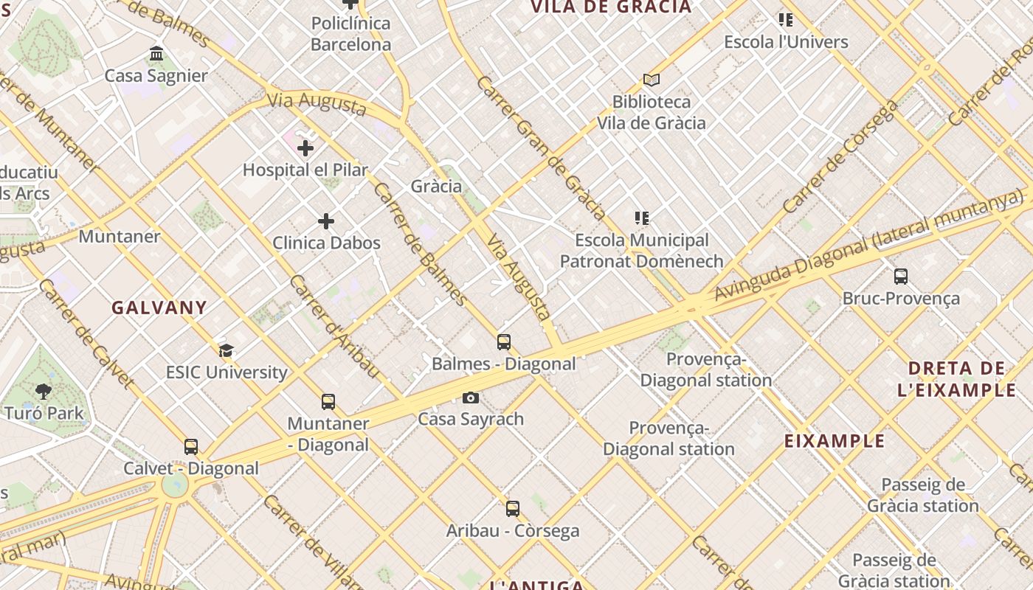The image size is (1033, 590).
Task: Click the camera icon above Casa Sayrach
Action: (x=471, y=398)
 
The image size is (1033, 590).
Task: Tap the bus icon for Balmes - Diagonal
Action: (x=504, y=342)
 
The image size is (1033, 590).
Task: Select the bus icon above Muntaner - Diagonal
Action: (x=328, y=402)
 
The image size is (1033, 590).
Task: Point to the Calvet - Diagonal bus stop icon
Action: (x=191, y=447)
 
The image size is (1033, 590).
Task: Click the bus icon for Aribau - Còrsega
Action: (x=513, y=509)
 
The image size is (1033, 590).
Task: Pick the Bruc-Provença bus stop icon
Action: (x=901, y=277)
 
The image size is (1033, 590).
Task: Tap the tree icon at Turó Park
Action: (x=44, y=392)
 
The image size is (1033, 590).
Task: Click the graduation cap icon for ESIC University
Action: (x=226, y=350)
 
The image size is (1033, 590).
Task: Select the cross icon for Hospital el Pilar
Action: (x=305, y=148)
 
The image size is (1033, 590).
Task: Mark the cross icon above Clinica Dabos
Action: (x=326, y=221)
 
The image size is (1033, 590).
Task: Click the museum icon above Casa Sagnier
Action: (x=156, y=54)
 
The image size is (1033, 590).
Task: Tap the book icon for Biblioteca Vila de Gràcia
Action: (x=651, y=80)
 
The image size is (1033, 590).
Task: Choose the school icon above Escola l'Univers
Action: (x=786, y=20)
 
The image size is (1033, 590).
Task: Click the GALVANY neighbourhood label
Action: (x=159, y=308)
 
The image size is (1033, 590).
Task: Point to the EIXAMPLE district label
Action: (x=835, y=441)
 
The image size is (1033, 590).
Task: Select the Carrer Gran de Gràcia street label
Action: (x=541, y=147)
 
